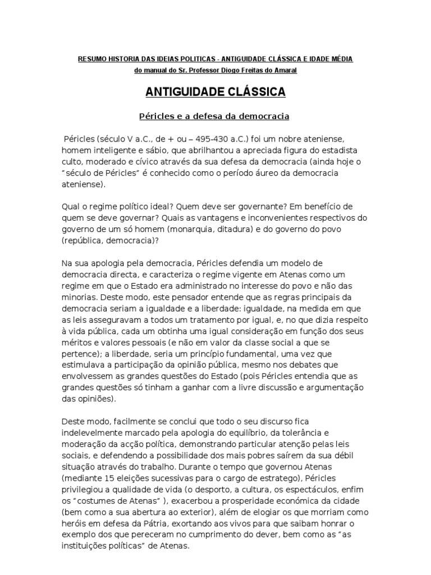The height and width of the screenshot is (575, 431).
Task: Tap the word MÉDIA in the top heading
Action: [341, 59]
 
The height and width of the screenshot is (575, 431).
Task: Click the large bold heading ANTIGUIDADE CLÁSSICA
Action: [215, 92]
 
